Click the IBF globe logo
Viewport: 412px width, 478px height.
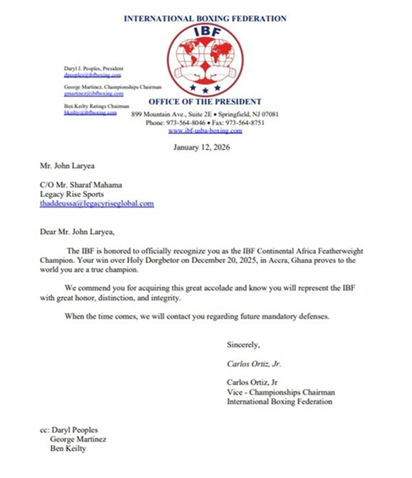(x=205, y=60)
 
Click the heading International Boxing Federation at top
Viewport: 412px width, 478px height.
(x=205, y=19)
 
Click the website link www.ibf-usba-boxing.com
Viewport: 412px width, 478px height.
(x=205, y=130)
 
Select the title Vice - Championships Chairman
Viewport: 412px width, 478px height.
(x=279, y=391)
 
